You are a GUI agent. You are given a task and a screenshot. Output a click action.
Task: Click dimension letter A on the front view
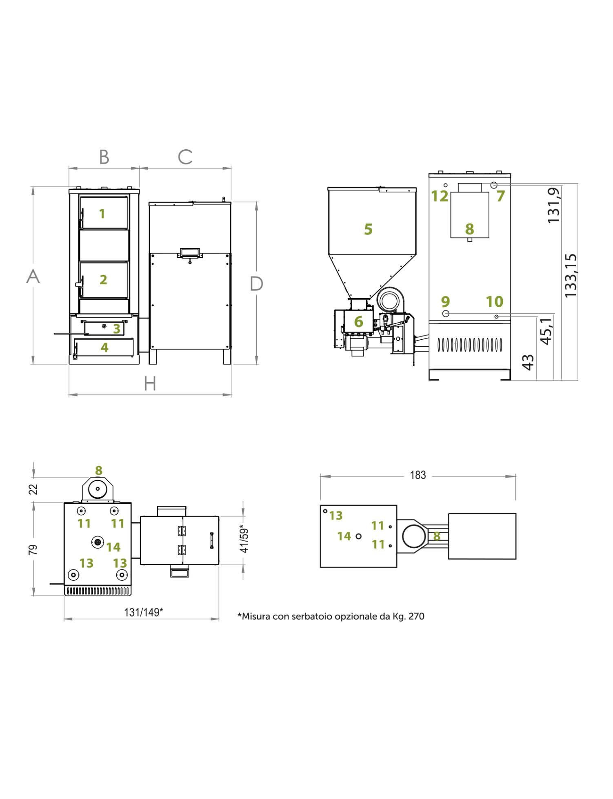(33, 276)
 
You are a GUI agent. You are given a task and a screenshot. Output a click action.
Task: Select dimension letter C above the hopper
(185, 157)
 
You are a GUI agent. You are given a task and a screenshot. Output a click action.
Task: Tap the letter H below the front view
(150, 384)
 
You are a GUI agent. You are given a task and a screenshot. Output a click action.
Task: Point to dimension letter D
(256, 284)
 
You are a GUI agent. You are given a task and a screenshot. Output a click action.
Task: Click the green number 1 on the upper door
(102, 213)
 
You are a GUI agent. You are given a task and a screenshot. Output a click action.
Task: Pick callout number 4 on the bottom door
(104, 347)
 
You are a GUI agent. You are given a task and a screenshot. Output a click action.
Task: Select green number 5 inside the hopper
(368, 229)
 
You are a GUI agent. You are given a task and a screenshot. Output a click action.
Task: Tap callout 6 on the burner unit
(358, 322)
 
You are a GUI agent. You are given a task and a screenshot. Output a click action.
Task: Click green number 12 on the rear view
(440, 196)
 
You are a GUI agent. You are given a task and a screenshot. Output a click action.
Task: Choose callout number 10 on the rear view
(494, 302)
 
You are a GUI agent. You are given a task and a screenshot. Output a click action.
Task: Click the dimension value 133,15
(571, 275)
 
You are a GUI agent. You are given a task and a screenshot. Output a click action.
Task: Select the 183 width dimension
(418, 475)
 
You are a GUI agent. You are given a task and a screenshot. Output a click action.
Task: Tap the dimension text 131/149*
(143, 612)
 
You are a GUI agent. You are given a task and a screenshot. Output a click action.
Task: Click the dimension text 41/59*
(244, 538)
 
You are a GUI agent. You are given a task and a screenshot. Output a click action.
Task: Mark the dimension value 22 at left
(34, 489)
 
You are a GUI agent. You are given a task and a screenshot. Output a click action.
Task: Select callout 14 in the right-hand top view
(344, 536)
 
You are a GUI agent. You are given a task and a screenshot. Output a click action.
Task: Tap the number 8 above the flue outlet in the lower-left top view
(98, 470)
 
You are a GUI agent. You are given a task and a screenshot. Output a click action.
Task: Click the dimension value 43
(528, 362)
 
